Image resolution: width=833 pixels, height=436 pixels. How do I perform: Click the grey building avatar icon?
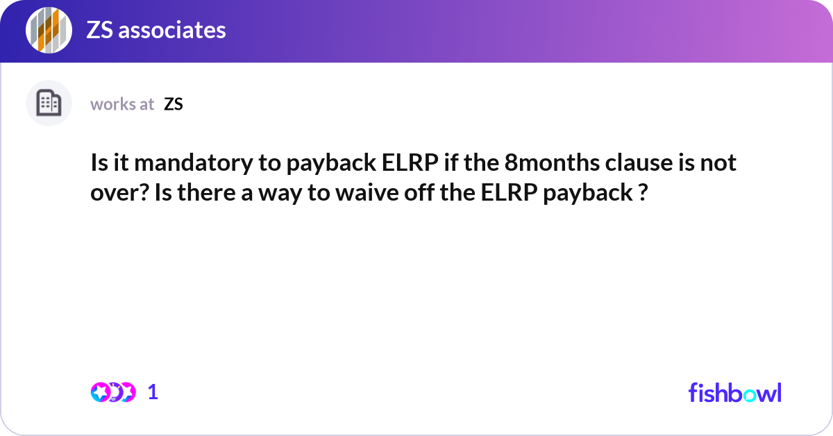click(x=49, y=103)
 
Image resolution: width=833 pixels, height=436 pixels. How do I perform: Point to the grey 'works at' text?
click(x=122, y=104)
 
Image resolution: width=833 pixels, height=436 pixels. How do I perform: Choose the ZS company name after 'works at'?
click(x=174, y=104)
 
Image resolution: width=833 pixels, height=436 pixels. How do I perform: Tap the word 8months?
click(x=544, y=164)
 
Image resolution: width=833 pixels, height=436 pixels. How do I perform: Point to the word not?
click(x=719, y=164)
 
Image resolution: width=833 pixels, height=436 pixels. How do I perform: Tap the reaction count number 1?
click(x=153, y=392)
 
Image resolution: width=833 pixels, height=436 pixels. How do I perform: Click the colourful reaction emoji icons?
click(x=113, y=392)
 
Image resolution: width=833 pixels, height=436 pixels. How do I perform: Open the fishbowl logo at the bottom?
click(x=734, y=392)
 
